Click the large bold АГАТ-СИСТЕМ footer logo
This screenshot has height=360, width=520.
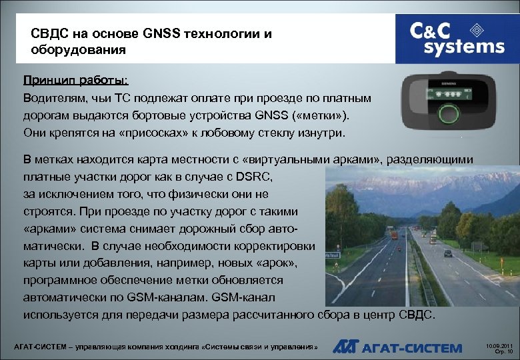point(397,347)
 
